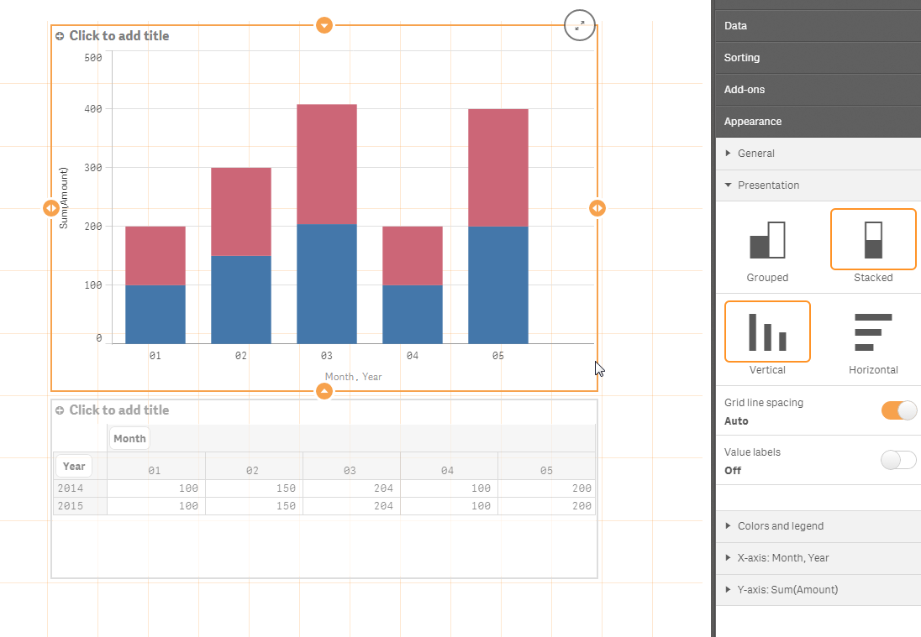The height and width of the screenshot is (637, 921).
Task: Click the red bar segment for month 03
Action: point(326,164)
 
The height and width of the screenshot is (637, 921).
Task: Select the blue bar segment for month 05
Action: point(497,285)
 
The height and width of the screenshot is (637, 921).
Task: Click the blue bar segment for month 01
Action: point(155,314)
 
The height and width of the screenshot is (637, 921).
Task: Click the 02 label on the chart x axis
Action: point(241,356)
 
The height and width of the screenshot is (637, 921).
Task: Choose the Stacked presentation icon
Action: point(873,239)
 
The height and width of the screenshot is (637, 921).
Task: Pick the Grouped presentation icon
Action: point(767,240)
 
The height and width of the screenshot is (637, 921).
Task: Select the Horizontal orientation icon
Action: point(873,332)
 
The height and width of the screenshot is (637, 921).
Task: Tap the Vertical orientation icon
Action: point(767,332)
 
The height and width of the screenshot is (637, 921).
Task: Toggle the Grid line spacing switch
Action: point(898,410)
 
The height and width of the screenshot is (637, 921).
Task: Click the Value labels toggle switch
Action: point(898,460)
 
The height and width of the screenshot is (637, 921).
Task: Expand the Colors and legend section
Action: point(780,526)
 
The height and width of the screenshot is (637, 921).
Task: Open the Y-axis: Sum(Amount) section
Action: point(787,590)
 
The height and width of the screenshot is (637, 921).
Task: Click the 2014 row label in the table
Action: point(71,488)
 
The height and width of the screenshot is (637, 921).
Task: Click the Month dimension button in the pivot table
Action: point(129,438)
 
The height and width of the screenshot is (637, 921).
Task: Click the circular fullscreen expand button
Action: point(580,25)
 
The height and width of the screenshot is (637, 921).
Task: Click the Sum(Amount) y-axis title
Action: point(64,198)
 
